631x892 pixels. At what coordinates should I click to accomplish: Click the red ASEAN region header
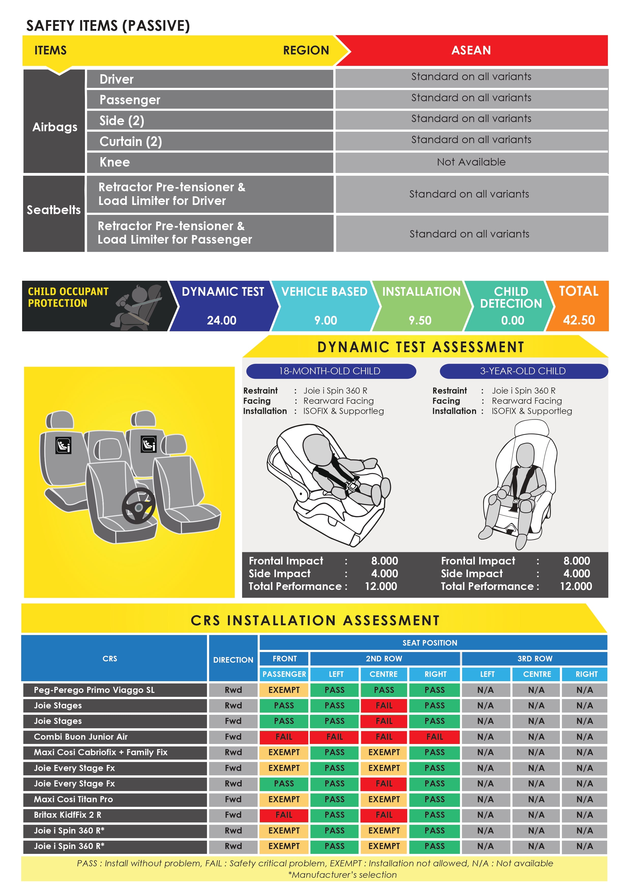[x=471, y=51]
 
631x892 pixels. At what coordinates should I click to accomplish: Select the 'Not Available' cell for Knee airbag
[x=471, y=162]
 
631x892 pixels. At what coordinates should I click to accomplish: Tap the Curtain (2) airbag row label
[x=130, y=141]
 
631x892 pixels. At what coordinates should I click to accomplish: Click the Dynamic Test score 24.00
[x=222, y=320]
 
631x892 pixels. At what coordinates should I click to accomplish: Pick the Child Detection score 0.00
[x=512, y=320]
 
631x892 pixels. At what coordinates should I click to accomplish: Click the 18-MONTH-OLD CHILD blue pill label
[x=330, y=371]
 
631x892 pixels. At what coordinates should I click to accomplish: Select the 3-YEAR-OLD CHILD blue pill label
[x=523, y=371]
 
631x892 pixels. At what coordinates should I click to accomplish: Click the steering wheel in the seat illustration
[x=138, y=506]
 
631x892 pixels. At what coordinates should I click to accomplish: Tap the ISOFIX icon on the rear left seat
[x=63, y=445]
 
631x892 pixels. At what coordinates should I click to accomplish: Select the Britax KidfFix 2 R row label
[x=68, y=815]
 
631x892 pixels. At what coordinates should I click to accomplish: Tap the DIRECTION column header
[x=233, y=660]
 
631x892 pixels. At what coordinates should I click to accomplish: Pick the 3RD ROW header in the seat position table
[x=534, y=659]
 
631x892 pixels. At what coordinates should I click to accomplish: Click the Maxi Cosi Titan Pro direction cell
[x=233, y=799]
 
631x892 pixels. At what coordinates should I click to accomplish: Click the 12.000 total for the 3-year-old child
[x=576, y=586]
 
